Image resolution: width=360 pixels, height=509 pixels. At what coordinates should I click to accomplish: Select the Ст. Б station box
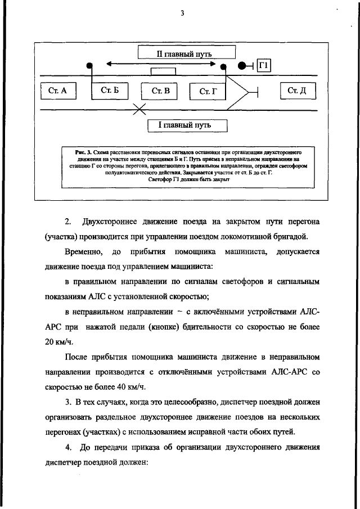[x=106, y=91]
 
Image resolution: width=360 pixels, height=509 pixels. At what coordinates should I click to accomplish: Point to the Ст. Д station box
[x=296, y=91]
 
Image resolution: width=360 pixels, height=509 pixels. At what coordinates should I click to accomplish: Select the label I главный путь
[x=187, y=124]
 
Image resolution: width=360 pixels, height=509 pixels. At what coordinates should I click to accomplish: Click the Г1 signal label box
[x=264, y=66]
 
